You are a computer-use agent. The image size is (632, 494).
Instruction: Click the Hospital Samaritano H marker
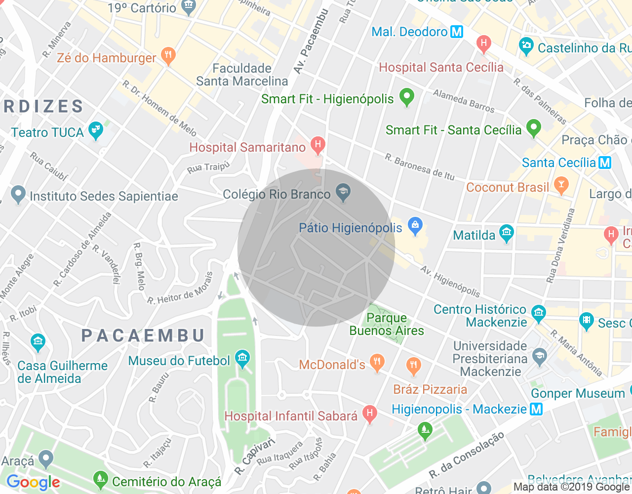[x=317, y=145]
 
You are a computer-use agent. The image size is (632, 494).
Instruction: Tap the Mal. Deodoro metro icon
[x=457, y=32]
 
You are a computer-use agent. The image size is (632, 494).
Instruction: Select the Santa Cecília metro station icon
[x=605, y=163]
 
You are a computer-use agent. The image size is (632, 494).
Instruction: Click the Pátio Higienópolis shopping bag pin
[x=415, y=226]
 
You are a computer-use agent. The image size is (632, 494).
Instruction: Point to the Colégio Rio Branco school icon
[x=343, y=192]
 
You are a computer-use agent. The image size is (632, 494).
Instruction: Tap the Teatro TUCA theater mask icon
[x=95, y=131]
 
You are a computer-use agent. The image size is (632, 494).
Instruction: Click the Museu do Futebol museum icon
[x=242, y=359]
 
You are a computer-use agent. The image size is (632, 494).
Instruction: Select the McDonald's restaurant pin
[x=377, y=363]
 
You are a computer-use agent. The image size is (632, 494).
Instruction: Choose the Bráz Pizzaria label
[x=430, y=389]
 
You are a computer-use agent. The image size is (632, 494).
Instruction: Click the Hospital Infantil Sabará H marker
[x=369, y=414]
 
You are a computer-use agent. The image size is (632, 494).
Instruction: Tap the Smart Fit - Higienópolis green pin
[x=406, y=97]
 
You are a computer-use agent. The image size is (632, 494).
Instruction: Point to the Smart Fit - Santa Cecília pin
[x=533, y=128]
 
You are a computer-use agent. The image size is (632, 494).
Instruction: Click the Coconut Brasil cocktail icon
[x=561, y=186]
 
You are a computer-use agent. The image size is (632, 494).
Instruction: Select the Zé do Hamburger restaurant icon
[x=168, y=56]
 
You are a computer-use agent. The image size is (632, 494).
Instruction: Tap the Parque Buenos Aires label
[x=387, y=324]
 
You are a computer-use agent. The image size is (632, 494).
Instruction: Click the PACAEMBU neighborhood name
[x=143, y=336]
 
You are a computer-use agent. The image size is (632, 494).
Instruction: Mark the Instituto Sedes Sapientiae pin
[x=18, y=194]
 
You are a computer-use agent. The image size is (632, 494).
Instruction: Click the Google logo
[x=33, y=483]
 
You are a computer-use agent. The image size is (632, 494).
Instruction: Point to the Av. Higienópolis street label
[x=450, y=282]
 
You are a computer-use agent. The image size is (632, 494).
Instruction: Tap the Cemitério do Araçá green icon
[x=100, y=479]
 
